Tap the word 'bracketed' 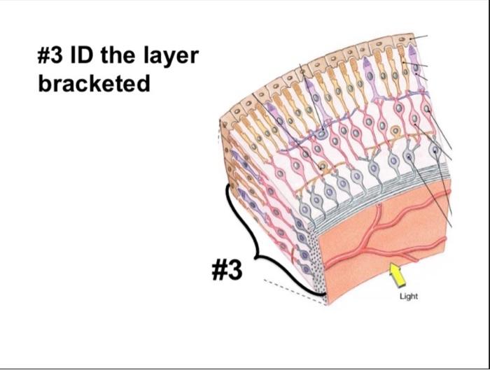coord(94,84)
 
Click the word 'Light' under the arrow coord(408,297)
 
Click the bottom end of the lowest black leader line coord(453,227)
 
